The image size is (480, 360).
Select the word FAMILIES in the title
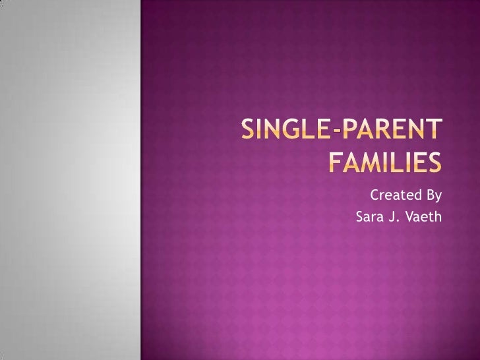pos(384,162)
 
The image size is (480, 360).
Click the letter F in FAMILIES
pos(336,162)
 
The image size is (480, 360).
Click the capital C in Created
pos(375,195)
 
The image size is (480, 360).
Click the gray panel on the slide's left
pos(70,180)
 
